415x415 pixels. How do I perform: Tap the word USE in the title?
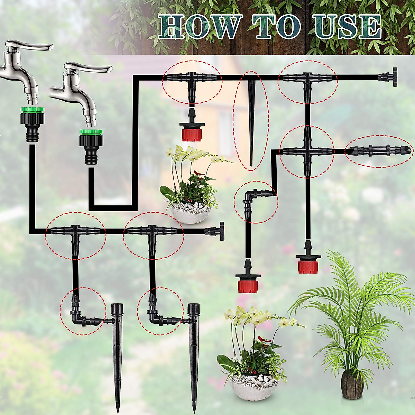coord(347,27)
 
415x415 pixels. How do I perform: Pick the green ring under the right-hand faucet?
coord(91,132)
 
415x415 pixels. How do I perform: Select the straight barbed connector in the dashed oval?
coord(379,151)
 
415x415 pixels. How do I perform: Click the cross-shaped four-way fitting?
coord(306,151)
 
